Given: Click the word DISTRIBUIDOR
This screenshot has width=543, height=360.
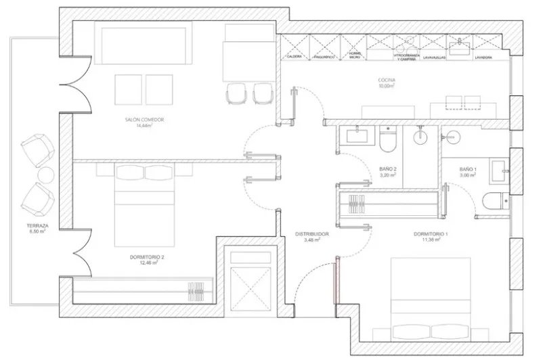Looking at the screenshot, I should (311, 235).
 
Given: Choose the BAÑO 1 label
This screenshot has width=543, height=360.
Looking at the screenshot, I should (468, 169).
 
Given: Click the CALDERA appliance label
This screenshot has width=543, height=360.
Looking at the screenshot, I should (294, 58).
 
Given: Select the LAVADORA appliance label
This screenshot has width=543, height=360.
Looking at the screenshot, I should (464, 58).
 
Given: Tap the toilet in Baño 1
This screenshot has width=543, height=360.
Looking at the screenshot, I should (492, 200).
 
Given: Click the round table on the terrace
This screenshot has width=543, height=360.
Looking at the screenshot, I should (45, 176).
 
